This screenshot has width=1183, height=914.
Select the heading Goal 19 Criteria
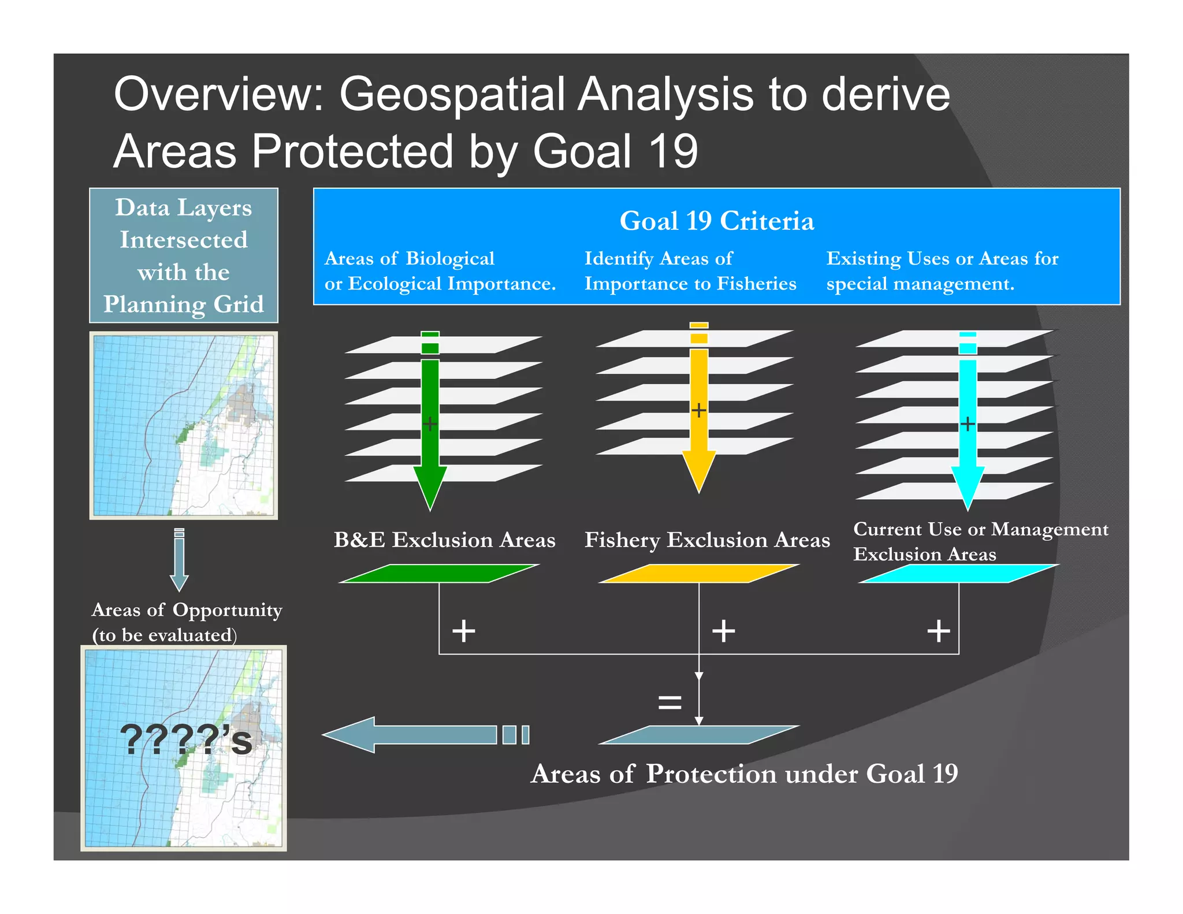(716, 221)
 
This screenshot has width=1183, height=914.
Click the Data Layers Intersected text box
(184, 255)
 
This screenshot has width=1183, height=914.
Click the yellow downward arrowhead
(699, 470)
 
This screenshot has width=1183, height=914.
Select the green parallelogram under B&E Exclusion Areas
(439, 573)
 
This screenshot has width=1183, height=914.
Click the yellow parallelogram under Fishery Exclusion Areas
(699, 573)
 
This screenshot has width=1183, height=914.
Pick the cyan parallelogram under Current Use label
(959, 573)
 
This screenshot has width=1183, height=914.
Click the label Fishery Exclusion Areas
(707, 540)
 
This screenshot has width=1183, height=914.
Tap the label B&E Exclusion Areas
(444, 540)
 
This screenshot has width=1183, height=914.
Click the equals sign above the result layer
(669, 703)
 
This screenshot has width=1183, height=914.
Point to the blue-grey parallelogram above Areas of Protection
(699, 735)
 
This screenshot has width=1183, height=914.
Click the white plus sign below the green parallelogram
(464, 630)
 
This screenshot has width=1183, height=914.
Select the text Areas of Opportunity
(187, 610)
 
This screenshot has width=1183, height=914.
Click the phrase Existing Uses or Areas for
(942, 258)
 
